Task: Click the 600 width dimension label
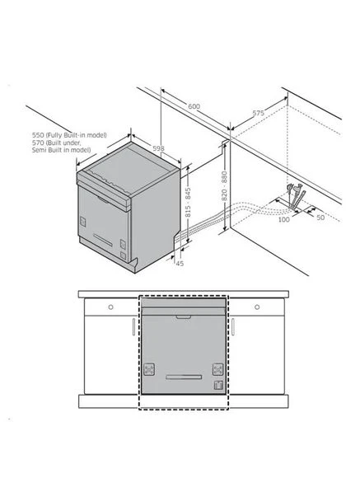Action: coord(194,106)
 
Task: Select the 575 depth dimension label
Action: coord(258,113)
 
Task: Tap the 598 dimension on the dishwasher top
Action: coord(158,148)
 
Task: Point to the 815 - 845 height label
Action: coord(188,203)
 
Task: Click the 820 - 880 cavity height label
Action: coord(224,186)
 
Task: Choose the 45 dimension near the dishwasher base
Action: coord(180,264)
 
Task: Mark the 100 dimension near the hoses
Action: coord(283,219)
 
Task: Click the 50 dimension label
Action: coord(320,218)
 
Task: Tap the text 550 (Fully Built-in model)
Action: coord(69,135)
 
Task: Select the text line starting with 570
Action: coord(57,143)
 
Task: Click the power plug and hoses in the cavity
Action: coord(296,196)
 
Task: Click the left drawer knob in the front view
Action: coord(110,307)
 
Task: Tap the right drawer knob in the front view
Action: coord(257,307)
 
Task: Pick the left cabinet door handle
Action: coord(133,326)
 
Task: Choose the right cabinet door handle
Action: coord(233,326)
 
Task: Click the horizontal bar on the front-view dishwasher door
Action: coord(184,377)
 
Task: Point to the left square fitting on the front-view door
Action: coord(149,369)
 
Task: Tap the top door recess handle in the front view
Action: coord(184,317)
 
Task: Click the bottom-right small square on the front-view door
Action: coord(218,385)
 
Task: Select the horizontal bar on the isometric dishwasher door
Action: coord(103,240)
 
